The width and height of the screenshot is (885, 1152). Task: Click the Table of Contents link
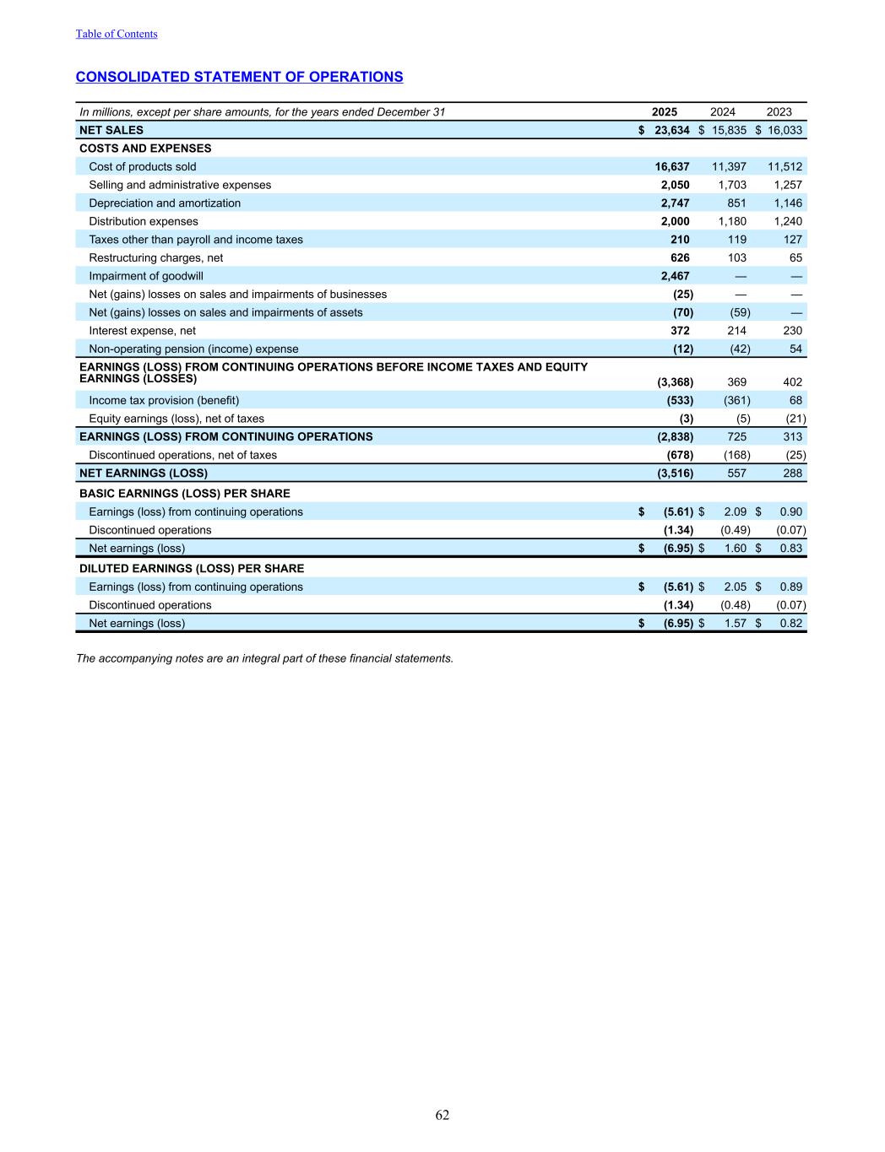click(x=117, y=34)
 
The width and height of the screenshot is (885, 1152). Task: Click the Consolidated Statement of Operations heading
click(x=239, y=77)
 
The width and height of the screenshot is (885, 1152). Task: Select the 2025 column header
click(x=665, y=112)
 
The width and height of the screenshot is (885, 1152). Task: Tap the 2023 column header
click(x=779, y=112)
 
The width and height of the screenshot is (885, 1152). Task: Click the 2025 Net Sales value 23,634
click(x=672, y=130)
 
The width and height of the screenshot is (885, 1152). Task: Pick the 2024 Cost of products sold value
click(x=729, y=167)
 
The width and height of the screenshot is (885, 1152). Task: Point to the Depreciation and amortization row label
click(x=165, y=203)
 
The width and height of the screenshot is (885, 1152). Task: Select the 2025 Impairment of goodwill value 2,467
click(x=675, y=276)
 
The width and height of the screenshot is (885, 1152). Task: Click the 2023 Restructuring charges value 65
click(x=795, y=258)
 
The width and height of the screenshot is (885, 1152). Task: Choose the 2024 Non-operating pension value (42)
click(x=740, y=349)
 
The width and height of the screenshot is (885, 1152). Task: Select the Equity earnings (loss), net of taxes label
click(x=176, y=419)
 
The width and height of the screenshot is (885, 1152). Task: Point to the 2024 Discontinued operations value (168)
click(x=736, y=455)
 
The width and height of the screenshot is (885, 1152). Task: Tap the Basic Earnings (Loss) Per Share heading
click(x=184, y=494)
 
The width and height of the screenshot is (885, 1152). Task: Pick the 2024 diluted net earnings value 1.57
click(x=735, y=624)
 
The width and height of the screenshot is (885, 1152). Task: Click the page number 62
click(x=442, y=1115)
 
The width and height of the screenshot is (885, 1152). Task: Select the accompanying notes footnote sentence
click(x=264, y=658)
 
